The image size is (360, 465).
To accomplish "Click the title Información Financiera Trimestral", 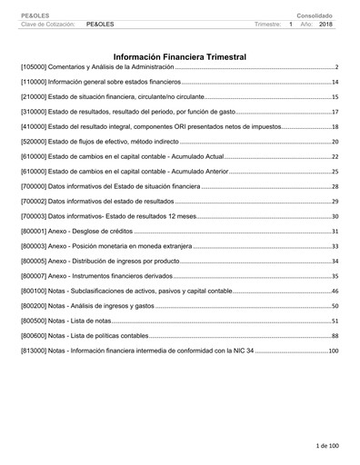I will pos(179,56).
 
